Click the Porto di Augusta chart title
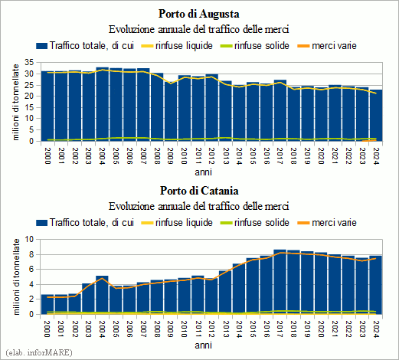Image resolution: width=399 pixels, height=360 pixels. click(199, 14)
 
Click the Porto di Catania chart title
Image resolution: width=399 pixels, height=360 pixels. click(199, 191)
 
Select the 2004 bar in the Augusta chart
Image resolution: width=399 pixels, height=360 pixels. click(102, 104)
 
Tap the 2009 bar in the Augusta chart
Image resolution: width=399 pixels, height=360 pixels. click(171, 111)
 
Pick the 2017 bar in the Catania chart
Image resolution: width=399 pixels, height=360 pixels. click(280, 282)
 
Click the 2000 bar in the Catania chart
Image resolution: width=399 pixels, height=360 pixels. click(47, 304)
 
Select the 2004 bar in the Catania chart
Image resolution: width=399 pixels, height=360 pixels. click(102, 295)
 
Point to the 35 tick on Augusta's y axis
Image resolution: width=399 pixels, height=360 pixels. click(29, 62)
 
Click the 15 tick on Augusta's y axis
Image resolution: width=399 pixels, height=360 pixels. click(29, 107)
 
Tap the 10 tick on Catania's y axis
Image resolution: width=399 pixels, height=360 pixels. click(29, 239)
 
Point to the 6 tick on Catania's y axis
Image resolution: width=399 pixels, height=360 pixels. click(31, 270)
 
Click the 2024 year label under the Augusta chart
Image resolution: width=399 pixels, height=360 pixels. click(375, 156)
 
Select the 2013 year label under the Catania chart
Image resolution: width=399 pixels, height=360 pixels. click(225, 329)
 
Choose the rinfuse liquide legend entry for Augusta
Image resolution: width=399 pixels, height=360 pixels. click(177, 46)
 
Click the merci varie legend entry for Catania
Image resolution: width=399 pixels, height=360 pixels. click(327, 223)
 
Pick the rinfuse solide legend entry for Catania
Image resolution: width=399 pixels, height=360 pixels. click(255, 223)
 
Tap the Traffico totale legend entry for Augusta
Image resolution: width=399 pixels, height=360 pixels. click(85, 46)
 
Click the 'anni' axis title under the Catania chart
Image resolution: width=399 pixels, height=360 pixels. click(204, 345)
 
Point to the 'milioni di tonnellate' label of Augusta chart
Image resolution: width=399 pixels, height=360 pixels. click(16, 102)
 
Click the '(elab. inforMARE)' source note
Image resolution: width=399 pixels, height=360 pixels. click(39, 353)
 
